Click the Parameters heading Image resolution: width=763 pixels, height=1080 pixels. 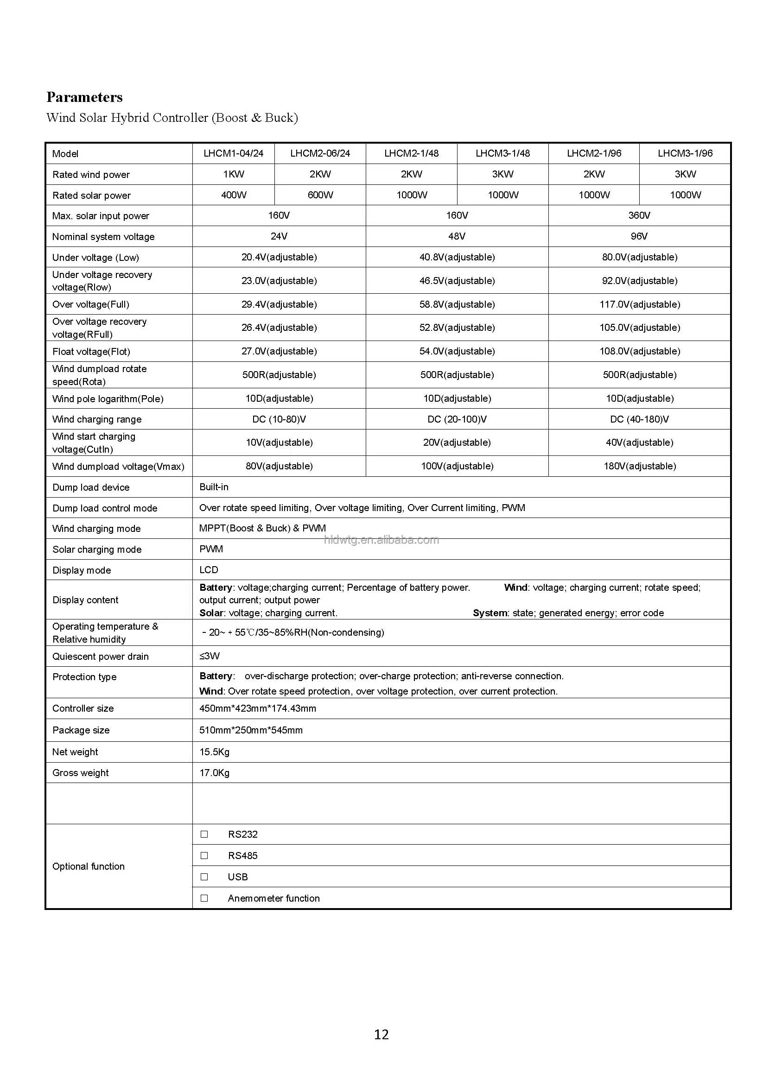[84, 97]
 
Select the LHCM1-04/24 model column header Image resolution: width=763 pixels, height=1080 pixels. [233, 153]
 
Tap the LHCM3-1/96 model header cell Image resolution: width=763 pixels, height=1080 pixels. [685, 153]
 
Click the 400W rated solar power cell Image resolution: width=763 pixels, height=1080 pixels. [234, 195]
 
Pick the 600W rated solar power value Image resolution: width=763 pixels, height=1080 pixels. [320, 195]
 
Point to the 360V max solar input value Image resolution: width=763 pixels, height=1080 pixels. [639, 215]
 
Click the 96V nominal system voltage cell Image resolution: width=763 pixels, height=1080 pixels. [639, 236]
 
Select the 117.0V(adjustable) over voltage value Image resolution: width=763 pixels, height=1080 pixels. [640, 304]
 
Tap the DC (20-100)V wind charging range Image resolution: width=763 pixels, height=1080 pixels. [457, 419]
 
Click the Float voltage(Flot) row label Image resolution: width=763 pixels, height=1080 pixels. [91, 351]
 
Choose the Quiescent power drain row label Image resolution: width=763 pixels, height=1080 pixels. [100, 656]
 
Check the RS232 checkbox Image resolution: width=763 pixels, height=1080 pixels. [204, 834]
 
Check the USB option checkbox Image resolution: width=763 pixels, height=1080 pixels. [204, 877]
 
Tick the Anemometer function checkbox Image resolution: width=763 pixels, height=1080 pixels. [204, 898]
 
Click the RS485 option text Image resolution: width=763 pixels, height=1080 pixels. [242, 856]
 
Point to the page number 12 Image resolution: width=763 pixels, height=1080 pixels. [381, 1035]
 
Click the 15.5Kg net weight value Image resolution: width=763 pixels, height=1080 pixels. [214, 752]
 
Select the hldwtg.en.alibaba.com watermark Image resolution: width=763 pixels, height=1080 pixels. [381, 540]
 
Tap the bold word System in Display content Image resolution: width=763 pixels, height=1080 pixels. [490, 613]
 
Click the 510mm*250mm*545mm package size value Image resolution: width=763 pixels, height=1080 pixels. [251, 730]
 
